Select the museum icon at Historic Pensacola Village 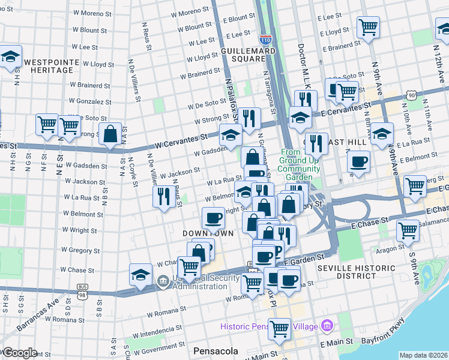327,326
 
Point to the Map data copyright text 423,355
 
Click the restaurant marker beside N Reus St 163,196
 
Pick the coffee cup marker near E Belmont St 359,161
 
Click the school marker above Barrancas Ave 140,275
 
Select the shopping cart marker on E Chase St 408,229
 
